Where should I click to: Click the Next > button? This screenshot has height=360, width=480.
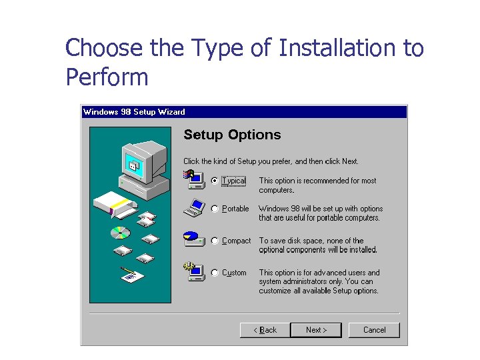(317, 330)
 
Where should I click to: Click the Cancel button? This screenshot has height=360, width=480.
(374, 330)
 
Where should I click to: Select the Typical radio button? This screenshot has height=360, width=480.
(215, 181)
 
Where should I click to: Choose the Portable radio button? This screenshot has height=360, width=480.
(215, 209)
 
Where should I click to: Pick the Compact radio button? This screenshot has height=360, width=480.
(215, 241)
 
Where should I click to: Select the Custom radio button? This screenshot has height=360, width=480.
(215, 273)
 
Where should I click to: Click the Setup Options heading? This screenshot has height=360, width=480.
(232, 135)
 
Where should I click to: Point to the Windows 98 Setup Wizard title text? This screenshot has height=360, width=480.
(134, 112)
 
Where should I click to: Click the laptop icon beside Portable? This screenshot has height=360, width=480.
(194, 208)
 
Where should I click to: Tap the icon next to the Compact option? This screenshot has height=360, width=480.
(193, 239)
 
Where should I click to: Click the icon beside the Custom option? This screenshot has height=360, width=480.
(193, 272)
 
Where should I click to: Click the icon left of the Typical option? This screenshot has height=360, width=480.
(193, 178)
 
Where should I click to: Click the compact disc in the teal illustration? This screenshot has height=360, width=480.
(120, 233)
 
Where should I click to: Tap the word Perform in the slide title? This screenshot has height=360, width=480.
(107, 77)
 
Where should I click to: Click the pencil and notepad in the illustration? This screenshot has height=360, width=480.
(131, 275)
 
